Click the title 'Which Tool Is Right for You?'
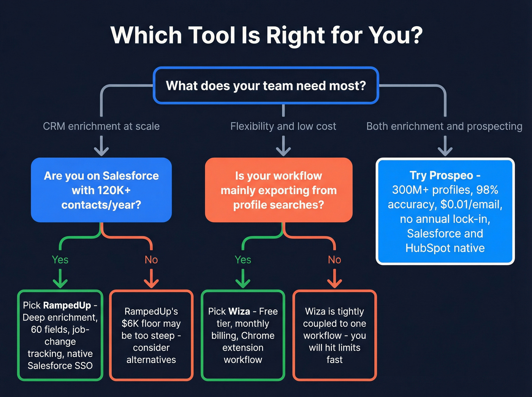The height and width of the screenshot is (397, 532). click(266, 35)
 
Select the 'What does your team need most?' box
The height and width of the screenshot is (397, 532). click(266, 85)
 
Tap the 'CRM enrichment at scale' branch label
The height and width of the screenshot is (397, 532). click(101, 126)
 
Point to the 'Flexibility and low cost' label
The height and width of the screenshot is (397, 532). click(283, 126)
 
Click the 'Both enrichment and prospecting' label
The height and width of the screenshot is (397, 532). click(444, 126)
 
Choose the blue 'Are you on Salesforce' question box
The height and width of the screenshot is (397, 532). click(101, 190)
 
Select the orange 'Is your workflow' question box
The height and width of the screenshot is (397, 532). click(279, 190)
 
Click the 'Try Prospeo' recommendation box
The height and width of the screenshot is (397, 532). click(445, 211)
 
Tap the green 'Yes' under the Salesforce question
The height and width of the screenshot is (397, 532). click(60, 260)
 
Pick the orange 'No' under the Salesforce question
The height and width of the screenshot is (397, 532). click(151, 260)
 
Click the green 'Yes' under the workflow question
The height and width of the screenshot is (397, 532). click(243, 260)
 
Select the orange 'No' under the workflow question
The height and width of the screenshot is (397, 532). click(334, 260)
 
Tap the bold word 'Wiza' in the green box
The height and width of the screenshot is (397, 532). click(239, 312)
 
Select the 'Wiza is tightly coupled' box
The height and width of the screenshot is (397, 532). click(334, 335)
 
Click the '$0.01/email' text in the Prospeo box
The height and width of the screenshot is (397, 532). click(471, 204)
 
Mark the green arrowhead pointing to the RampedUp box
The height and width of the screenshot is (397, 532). click(60, 283)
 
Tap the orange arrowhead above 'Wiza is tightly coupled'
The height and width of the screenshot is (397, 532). click(334, 283)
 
